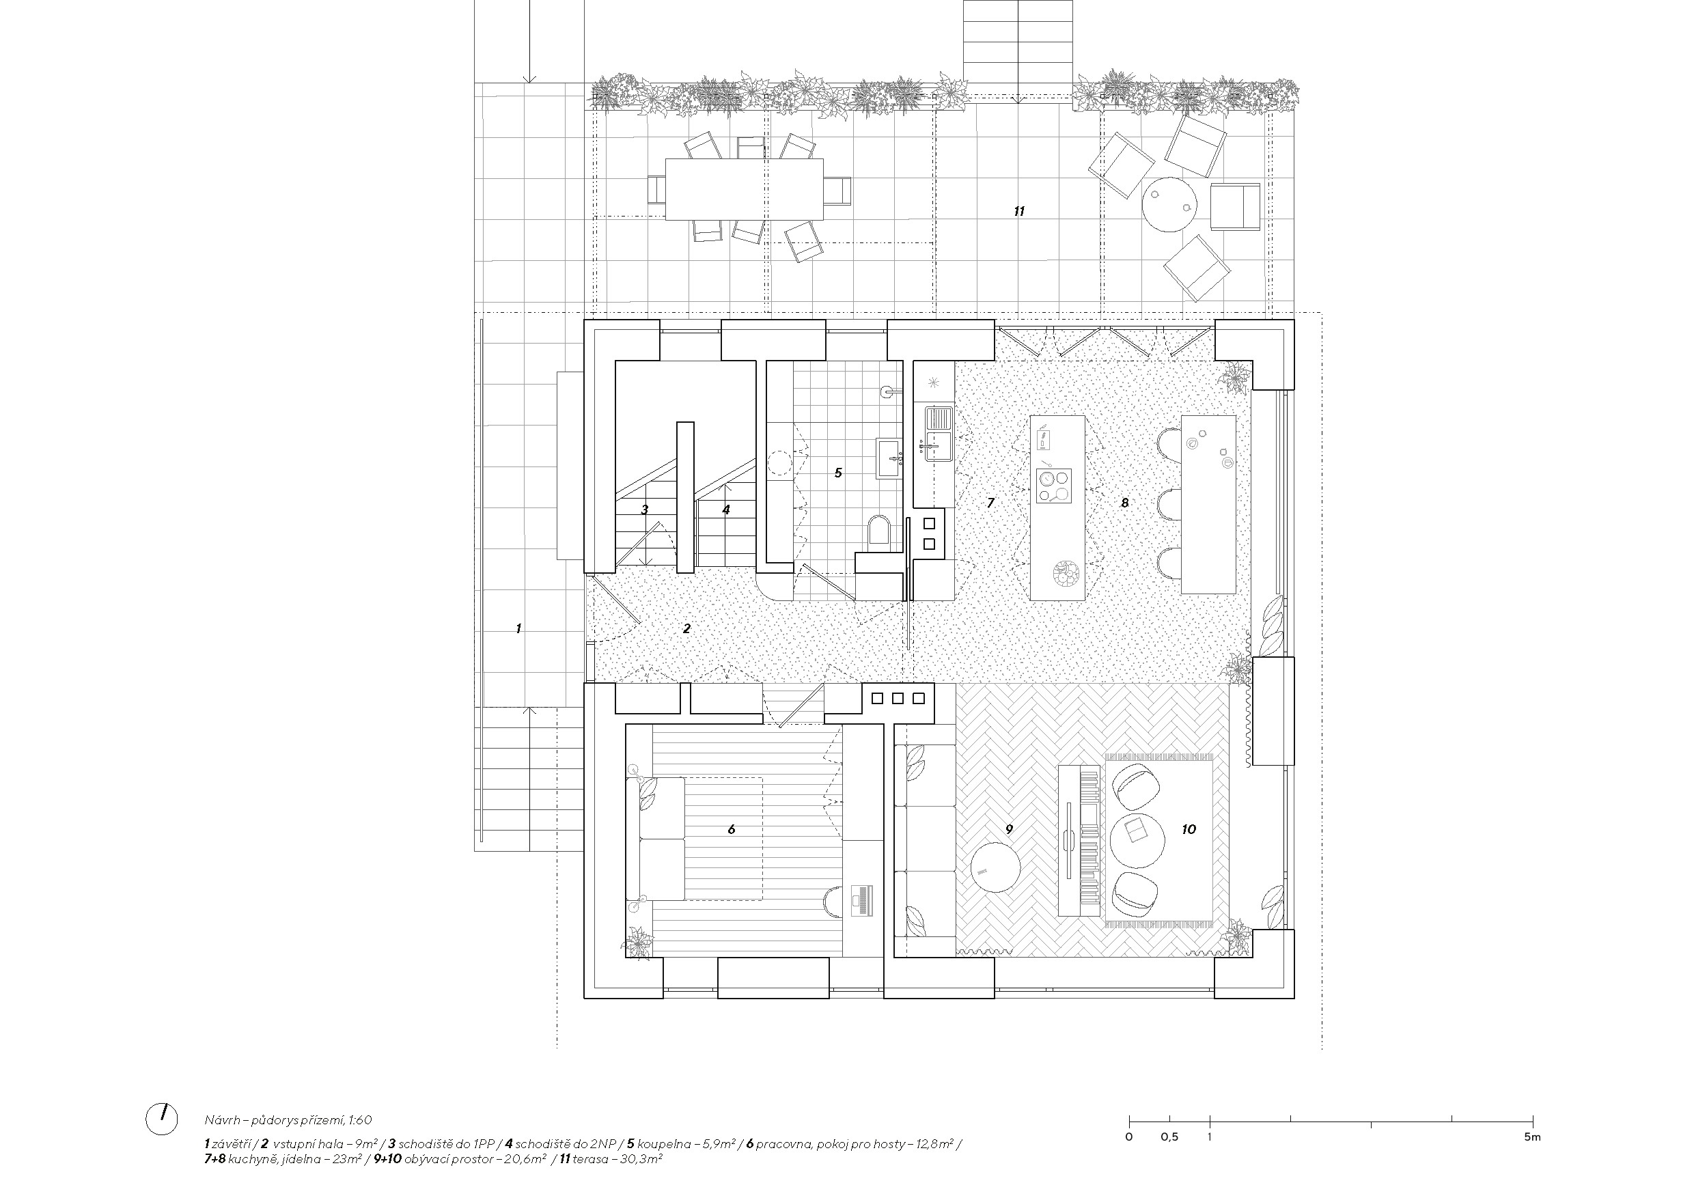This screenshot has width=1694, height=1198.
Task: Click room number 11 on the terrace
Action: [1019, 212]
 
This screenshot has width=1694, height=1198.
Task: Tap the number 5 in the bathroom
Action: [838, 473]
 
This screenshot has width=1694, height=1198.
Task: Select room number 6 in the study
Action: [731, 830]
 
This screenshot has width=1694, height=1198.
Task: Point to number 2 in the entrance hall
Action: [687, 629]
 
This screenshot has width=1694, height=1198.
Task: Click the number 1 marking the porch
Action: [518, 629]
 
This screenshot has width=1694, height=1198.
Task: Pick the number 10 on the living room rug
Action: [1189, 830]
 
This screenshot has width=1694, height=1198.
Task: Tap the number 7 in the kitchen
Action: [991, 503]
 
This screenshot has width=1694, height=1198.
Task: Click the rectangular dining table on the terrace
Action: [745, 190]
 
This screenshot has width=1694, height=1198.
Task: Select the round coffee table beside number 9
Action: [995, 867]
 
